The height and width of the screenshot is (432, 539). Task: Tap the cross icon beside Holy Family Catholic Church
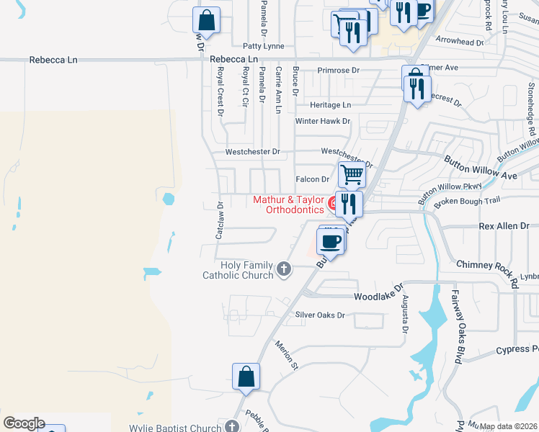(284, 270)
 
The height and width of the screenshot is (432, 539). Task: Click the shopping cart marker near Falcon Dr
(352, 174)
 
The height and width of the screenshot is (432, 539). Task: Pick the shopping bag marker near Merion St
(246, 376)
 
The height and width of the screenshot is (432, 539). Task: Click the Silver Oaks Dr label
(320, 315)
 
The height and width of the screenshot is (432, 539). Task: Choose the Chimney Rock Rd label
(488, 266)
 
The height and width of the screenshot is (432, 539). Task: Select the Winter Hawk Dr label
(322, 122)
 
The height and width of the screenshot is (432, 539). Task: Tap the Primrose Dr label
(339, 71)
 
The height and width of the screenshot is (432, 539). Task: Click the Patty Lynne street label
(263, 46)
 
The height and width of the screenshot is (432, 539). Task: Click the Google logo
(24, 423)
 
